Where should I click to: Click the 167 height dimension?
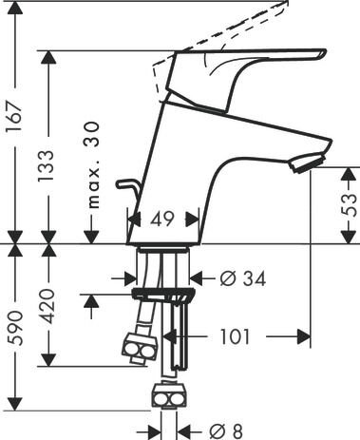point(15,117)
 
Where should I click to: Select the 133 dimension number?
point(46,166)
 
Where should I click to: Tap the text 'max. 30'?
point(93,165)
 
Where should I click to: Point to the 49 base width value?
point(162,219)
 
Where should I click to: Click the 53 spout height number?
point(349,204)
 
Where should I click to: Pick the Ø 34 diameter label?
point(243,278)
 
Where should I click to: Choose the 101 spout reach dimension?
point(235,336)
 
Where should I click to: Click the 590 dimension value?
point(15,328)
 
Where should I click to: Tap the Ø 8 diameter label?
point(226,430)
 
